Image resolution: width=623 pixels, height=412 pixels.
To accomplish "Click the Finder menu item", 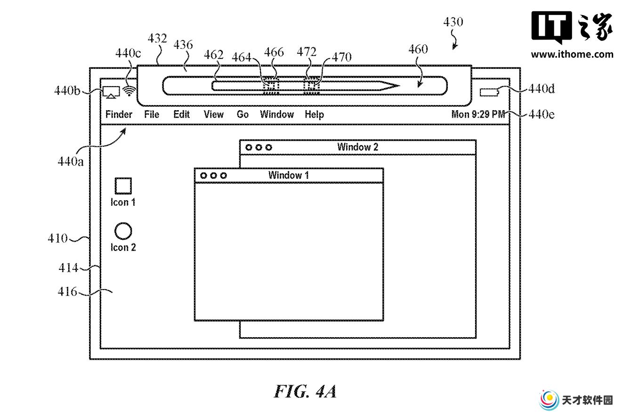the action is pos(119,114).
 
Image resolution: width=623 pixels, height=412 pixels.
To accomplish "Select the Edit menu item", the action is pos(181,114).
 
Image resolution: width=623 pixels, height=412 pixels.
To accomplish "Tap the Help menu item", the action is pos(314,114).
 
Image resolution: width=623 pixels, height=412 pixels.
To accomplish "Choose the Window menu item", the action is pos(277,114).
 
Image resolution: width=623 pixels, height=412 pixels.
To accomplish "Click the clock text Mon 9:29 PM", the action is pos(478,114).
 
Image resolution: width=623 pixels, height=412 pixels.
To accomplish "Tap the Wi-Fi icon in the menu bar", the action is pos(129,91).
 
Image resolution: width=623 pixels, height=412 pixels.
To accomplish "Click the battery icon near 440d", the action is pos(489,92).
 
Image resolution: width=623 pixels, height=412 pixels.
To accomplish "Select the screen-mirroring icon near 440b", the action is pos(111,92).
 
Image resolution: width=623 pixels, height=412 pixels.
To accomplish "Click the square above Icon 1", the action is pos(123,186).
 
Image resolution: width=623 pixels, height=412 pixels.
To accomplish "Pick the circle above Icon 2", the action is pos(123,231).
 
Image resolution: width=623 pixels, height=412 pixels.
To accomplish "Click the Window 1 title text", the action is pos(288,175).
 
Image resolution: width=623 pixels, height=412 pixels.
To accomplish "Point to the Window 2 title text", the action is pos(358,147).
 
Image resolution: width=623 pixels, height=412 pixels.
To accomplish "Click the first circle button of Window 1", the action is pos(203,176).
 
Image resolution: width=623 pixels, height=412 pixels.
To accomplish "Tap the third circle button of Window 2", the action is pos(268,147).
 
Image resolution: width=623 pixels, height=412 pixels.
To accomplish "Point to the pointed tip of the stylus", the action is pos(399,86).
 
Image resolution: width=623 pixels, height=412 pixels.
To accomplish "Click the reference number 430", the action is pos(453,22).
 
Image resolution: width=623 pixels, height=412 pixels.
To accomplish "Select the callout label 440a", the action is pos(70,162).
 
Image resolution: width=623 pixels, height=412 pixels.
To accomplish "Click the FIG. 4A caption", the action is pos(305,391).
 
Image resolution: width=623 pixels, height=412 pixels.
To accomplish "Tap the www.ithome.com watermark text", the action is pos(572,54).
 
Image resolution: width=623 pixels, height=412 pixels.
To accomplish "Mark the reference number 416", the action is pos(67,291).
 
